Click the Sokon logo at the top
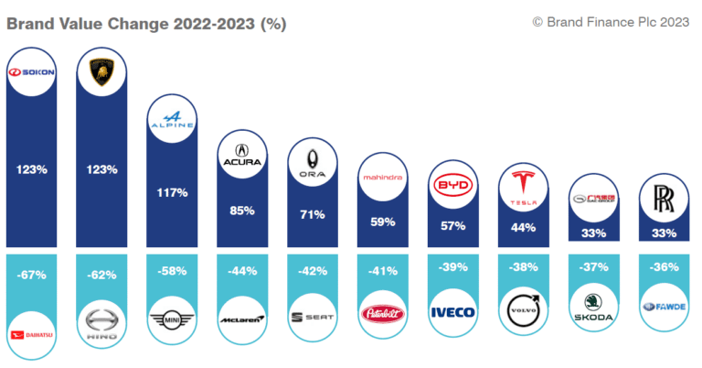click(32, 72)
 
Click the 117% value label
click(172, 193)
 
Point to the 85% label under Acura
click(242, 210)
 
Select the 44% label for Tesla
click(523, 227)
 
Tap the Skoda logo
click(593, 304)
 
